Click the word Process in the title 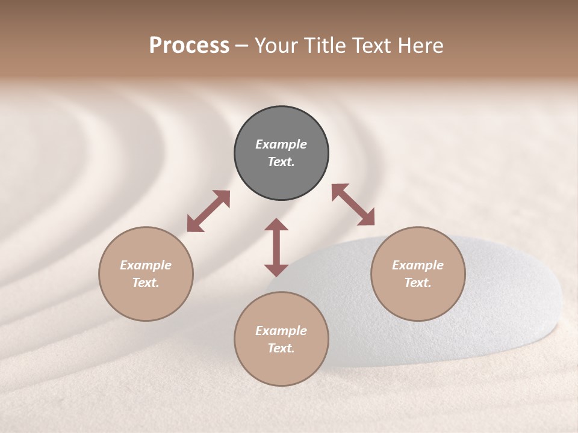coord(189,46)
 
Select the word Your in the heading coord(276,46)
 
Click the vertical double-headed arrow coord(276,247)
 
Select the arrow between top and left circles coord(208,211)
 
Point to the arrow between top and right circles coord(353,205)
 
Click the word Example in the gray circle coord(281,144)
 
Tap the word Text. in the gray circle coord(281,162)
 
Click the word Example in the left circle coord(146,265)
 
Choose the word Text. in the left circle coord(146,283)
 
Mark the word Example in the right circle coord(418,265)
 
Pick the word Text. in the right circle coord(418,283)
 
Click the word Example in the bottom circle coord(281,331)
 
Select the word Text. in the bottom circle coord(281,348)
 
